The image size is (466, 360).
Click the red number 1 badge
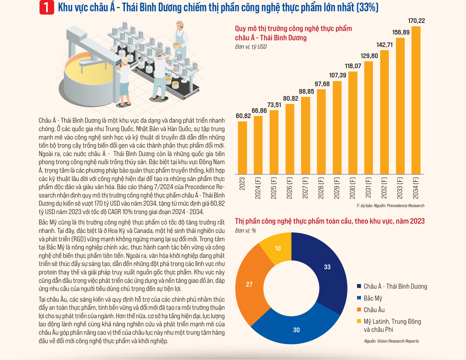46,8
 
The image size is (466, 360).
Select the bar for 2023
242,148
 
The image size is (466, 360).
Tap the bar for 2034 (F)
416,100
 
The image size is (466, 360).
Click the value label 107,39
338,75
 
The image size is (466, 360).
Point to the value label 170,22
416,21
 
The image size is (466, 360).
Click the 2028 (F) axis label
321,188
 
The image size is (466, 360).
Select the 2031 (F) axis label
368,188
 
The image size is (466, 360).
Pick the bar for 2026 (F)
290,139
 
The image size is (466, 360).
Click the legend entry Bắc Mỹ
369,298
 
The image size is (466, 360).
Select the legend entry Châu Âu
370,310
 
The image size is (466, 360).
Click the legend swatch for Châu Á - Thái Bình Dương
359,286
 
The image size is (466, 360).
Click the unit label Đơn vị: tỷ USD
251,47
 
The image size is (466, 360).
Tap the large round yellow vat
88,79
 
